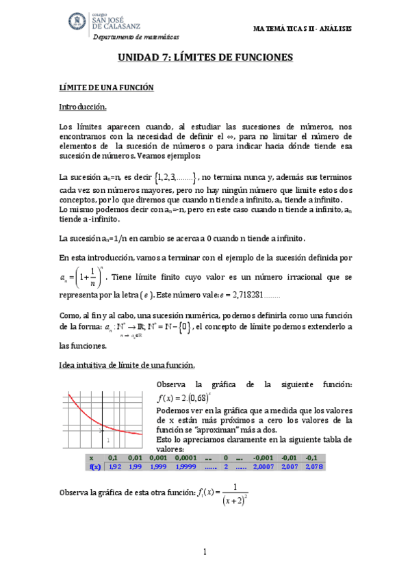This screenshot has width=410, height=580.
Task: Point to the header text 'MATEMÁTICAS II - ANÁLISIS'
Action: point(302,29)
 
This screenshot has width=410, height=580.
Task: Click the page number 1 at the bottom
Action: point(205,551)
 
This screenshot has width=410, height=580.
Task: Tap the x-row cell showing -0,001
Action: point(263,457)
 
